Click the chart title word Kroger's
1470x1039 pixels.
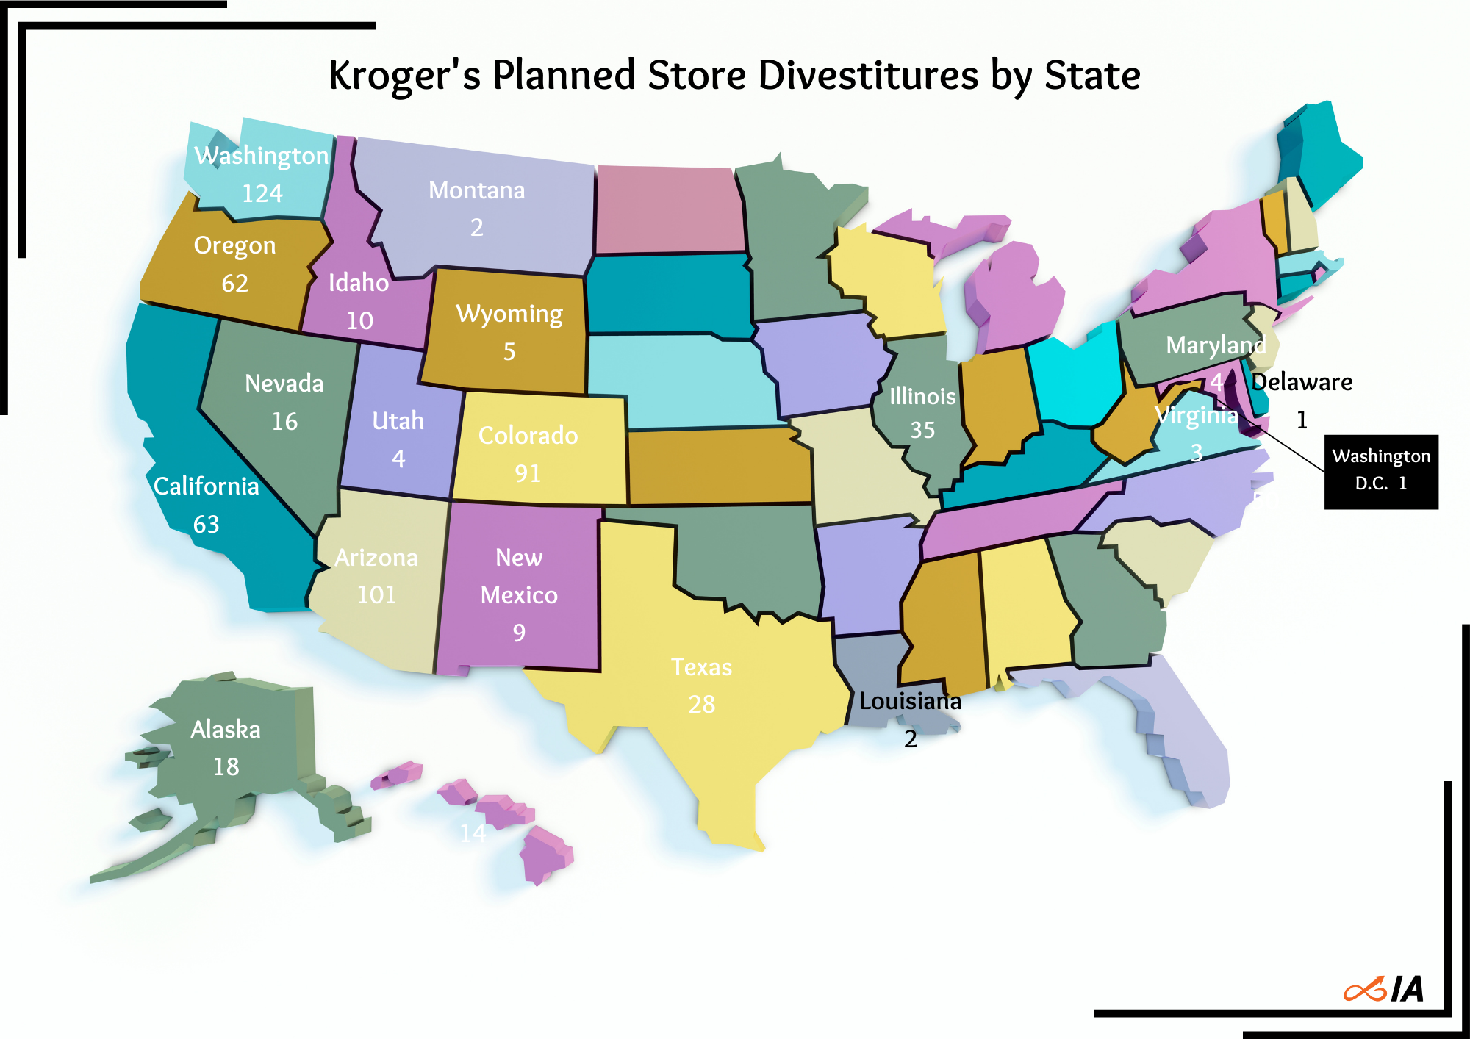click(404, 76)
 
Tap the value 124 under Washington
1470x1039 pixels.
click(262, 194)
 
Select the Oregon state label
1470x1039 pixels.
click(234, 245)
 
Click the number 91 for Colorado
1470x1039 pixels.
click(528, 473)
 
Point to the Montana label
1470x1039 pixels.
click(476, 190)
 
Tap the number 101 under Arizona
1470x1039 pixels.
click(376, 594)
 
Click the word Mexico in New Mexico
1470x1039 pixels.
click(519, 595)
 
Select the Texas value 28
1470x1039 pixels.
click(702, 705)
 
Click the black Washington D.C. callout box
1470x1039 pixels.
click(1380, 472)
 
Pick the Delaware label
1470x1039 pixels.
click(1302, 382)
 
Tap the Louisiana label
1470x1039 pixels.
click(910, 702)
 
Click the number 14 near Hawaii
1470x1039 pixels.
click(473, 833)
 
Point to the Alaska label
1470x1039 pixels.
click(226, 730)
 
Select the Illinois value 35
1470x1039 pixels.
click(922, 430)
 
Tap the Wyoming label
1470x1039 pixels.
click(509, 314)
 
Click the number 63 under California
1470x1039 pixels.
click(207, 525)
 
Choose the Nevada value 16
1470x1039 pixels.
click(284, 422)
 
